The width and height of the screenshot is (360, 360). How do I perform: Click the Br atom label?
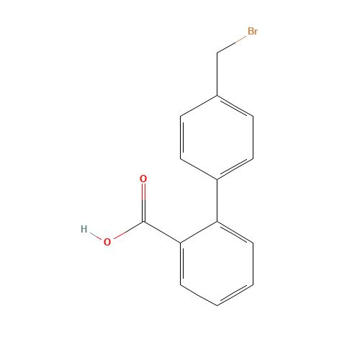pyautogui.click(x=253, y=31)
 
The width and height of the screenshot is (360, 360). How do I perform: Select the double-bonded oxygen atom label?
pyautogui.click(x=143, y=179)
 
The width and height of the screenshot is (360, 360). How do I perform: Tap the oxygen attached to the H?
pyautogui.click(x=107, y=242)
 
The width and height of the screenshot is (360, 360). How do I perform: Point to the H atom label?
pyautogui.click(x=84, y=229)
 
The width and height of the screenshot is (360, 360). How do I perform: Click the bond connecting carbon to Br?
pyautogui.click(x=232, y=45)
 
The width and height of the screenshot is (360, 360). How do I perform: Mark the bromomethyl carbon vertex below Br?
pyautogui.click(x=217, y=53)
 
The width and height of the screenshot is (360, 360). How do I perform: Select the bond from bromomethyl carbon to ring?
pyautogui.click(x=217, y=74)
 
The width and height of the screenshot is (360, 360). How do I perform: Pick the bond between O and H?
pyautogui.click(x=96, y=236)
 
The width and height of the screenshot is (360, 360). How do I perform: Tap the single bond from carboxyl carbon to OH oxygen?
pyautogui.click(x=129, y=230)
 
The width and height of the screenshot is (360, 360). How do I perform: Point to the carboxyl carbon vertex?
pyautogui.click(x=143, y=222)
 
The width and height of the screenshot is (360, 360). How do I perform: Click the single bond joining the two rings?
pyautogui.click(x=217, y=200)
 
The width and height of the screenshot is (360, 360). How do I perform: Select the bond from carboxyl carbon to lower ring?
pyautogui.click(x=162, y=232)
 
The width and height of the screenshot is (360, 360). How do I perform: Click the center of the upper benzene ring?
pyautogui.click(x=217, y=138)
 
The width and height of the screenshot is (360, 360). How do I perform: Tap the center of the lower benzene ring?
pyautogui.click(x=217, y=264)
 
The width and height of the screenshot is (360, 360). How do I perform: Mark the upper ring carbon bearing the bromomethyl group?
pyautogui.click(x=217, y=96)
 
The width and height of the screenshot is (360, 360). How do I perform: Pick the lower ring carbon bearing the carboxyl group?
pyautogui.click(x=181, y=243)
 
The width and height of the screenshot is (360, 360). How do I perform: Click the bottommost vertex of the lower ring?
pyautogui.click(x=217, y=305)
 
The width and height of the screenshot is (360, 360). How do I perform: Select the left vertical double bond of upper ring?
pyautogui.click(x=181, y=138)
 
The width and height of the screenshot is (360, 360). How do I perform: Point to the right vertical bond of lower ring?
pyautogui.click(x=253, y=264)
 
